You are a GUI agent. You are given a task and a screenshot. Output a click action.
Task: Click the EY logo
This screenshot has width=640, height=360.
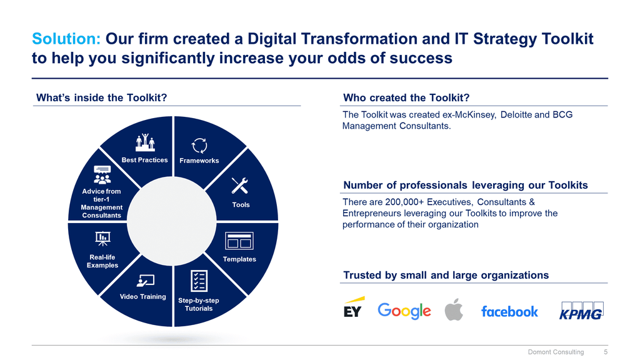click(x=354, y=307)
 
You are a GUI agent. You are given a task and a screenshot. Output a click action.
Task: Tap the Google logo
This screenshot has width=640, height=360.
click(x=404, y=311)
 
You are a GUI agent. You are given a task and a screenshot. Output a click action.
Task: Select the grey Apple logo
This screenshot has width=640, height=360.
click(x=454, y=309)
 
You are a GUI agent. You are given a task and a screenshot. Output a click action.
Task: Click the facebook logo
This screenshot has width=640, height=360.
click(x=509, y=311)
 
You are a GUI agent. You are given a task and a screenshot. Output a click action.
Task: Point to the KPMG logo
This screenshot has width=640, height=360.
click(x=581, y=311)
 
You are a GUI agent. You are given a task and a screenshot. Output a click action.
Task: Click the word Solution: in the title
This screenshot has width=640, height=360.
click(x=66, y=39)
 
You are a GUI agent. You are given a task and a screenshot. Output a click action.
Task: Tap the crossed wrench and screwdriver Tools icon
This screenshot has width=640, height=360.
click(x=239, y=186)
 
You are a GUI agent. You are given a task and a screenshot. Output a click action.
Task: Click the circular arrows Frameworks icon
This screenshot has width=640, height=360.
click(x=199, y=146)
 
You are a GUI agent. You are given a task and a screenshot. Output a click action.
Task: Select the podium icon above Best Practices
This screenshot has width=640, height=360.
click(x=145, y=142)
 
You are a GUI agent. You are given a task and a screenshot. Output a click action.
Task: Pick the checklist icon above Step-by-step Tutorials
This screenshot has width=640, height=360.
click(x=199, y=281)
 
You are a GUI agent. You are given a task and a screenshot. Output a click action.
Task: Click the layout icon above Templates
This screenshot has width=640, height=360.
click(x=239, y=241)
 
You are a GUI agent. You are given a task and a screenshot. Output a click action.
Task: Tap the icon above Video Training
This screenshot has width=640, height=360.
click(x=145, y=281)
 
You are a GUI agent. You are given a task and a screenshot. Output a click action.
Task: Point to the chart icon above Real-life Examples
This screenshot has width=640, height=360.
click(x=102, y=239)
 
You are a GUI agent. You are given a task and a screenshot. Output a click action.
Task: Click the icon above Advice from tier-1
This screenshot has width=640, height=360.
click(x=102, y=175)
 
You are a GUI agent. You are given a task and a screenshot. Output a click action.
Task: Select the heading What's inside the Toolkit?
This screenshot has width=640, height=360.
click(x=102, y=98)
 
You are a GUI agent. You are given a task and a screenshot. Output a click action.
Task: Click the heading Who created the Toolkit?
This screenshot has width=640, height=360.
click(x=406, y=98)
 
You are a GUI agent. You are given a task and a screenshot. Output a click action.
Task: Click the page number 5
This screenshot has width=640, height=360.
click(x=606, y=352)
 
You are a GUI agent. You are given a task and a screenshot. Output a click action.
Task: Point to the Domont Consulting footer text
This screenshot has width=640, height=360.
click(x=556, y=352)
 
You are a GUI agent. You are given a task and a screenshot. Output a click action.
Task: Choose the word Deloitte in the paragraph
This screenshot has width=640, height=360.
click(x=516, y=115)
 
